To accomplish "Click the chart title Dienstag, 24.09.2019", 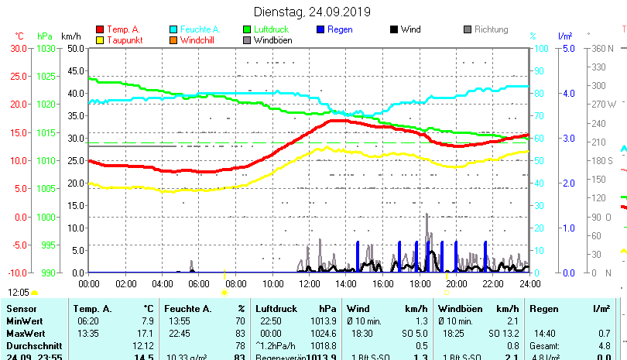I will [x=312, y=12].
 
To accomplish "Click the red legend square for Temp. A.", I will [x=100, y=29].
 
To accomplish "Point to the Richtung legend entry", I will [x=491, y=29].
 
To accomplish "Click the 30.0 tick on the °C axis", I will [x=19, y=48].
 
